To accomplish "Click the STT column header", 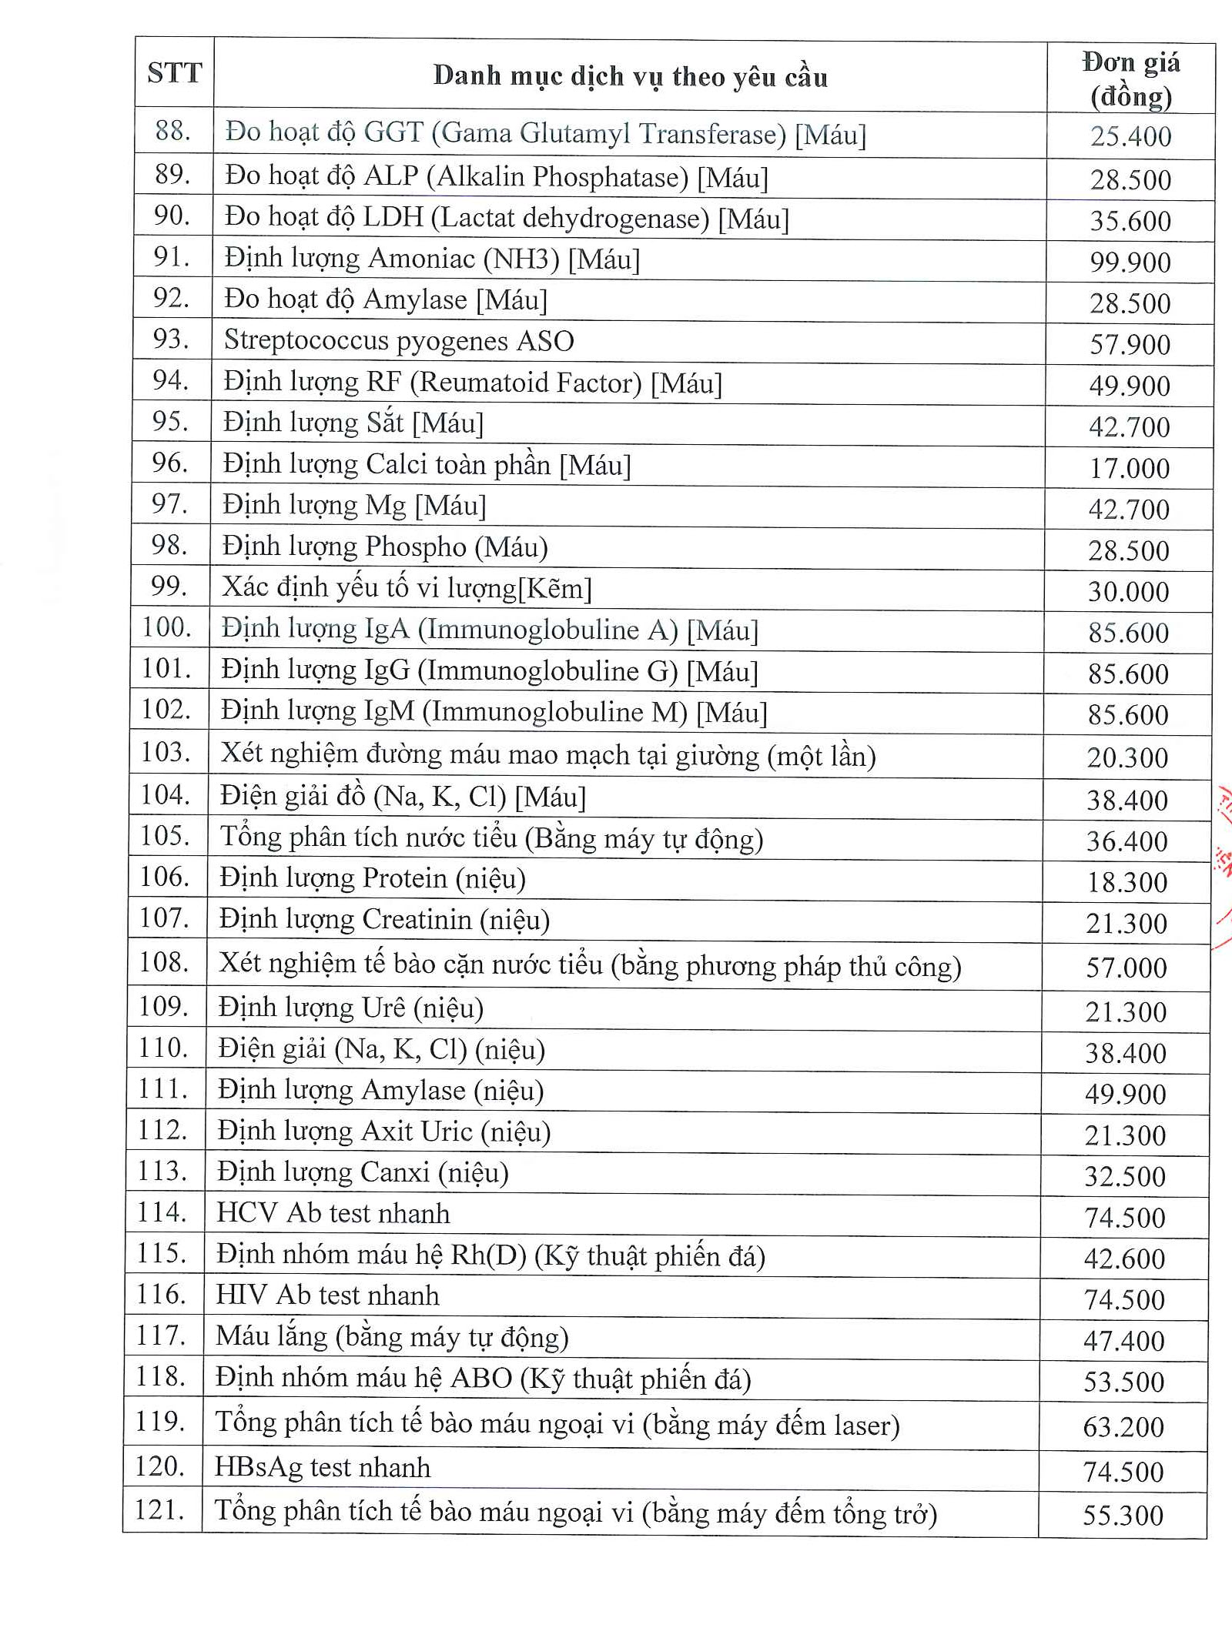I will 174,74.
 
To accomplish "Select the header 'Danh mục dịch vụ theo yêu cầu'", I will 630,76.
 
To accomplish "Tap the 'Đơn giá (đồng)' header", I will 1130,79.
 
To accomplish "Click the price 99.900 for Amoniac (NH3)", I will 1130,262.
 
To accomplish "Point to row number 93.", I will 171,339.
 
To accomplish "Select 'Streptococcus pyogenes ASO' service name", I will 399,341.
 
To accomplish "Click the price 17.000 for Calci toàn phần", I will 1129,468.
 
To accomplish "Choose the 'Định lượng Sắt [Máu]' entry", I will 353,423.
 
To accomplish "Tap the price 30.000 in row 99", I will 1128,591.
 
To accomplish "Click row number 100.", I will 166,628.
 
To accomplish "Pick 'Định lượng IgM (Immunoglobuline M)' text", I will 494,712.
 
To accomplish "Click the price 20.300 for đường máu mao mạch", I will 1127,757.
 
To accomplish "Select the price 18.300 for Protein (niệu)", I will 1127,882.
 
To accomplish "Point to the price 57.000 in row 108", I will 1126,968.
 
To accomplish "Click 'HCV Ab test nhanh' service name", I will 333,1214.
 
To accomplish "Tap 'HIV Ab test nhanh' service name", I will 327,1296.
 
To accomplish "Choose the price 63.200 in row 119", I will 1123,1427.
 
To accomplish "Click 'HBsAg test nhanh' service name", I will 322,1468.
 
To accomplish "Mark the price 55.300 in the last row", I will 1123,1516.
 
